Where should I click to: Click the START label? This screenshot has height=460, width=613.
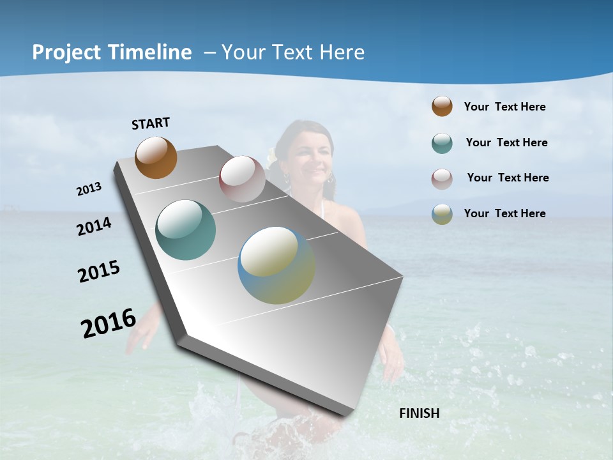151,123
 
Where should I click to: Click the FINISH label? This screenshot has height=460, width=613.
420,413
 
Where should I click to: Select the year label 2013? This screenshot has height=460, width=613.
89,189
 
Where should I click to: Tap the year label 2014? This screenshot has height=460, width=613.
94,227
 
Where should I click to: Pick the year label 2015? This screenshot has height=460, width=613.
99,272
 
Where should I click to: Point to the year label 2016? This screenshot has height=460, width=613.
109,323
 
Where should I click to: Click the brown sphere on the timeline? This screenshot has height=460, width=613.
156,157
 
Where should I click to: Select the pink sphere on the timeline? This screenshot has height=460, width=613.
242,179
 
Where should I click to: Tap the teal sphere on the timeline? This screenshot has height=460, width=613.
186,230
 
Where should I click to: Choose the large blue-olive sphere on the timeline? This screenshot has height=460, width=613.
276,265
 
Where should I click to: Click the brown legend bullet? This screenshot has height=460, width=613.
442,106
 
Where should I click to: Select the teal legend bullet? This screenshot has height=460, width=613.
442,143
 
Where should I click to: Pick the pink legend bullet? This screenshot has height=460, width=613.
442,179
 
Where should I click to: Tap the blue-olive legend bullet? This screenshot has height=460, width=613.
442,214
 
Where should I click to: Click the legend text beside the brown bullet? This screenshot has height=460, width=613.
504,107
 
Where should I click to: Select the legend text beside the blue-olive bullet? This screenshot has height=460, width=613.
504,213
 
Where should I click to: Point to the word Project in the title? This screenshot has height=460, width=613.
66,52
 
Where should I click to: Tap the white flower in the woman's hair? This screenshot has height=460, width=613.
273,156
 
